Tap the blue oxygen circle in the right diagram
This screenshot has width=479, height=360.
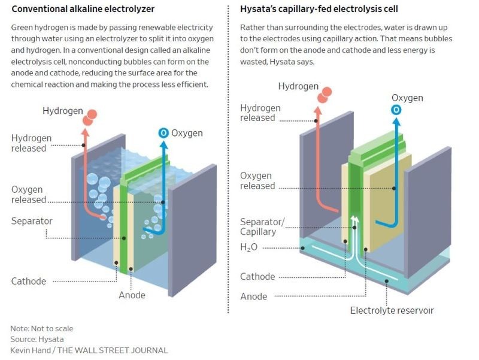(396, 110)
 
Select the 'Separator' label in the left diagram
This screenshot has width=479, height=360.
(32, 221)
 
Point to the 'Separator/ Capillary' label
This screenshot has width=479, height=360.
(262, 227)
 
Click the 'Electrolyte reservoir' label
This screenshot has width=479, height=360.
(392, 310)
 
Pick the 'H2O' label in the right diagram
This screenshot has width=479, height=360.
(249, 247)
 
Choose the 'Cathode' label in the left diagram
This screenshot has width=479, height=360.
(29, 281)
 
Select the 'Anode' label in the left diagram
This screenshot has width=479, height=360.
(132, 295)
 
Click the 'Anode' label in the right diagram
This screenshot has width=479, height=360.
(254, 297)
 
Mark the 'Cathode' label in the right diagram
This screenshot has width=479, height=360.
(257, 277)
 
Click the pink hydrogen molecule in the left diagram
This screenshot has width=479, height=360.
(90, 117)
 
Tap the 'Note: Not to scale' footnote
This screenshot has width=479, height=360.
(41, 328)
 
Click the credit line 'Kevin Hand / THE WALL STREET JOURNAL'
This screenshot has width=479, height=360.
(89, 350)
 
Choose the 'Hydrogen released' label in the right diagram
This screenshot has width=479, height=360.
(260, 113)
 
